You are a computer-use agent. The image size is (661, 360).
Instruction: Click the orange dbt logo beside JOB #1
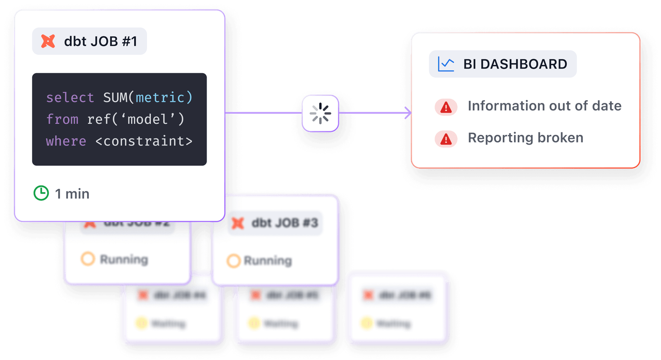pos(48,41)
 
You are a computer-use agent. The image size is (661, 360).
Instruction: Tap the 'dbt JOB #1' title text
pos(100,41)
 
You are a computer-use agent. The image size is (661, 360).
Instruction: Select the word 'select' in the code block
pos(70,98)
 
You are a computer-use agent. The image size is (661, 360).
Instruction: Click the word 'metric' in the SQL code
pos(160,98)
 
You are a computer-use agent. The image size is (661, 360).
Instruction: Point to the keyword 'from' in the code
pos(62,119)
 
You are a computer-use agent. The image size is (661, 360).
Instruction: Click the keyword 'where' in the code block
pos(66,141)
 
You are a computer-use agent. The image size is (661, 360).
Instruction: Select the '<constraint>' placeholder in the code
pos(144,141)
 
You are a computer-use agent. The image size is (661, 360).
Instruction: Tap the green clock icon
pos(41,193)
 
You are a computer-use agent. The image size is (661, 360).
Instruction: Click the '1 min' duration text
pos(72,194)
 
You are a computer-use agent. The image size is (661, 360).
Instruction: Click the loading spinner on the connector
pos(320,113)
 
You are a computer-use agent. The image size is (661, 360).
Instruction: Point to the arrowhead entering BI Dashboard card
pos(408,112)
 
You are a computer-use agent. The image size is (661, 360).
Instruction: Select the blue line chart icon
pos(446,64)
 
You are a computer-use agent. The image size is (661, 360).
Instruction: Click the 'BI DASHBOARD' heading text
pos(515,64)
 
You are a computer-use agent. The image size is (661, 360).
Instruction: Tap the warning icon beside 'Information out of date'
pos(446,107)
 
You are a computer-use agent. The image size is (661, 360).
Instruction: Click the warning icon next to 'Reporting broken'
pos(446,139)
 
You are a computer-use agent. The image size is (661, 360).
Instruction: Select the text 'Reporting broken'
pos(525,138)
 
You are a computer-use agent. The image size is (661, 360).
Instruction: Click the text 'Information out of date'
pos(544,106)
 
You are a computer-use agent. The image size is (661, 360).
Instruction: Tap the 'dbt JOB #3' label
pos(285,223)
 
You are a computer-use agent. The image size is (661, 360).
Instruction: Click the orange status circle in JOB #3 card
pos(233,261)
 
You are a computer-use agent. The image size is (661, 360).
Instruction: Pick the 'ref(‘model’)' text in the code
pos(136,119)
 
